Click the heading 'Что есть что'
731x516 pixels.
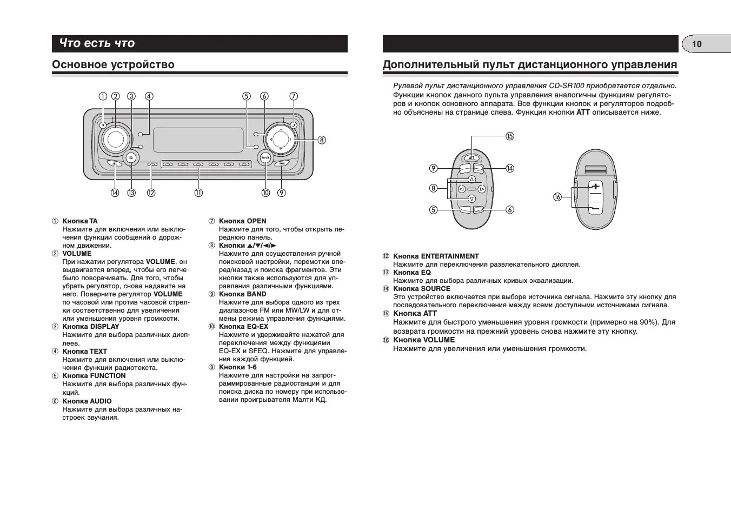97,43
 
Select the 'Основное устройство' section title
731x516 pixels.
113,65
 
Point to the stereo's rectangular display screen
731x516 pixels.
198,140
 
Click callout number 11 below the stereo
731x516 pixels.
198,193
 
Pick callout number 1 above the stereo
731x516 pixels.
102,97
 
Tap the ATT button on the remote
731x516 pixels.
471,157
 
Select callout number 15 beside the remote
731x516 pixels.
509,136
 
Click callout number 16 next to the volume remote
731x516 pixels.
557,197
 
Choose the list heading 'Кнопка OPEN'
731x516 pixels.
242,221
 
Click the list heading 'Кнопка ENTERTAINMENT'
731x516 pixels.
436,256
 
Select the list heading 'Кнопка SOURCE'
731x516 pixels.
422,288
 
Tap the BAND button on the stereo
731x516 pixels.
281,163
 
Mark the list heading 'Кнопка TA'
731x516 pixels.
80,221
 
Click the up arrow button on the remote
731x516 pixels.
471,179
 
